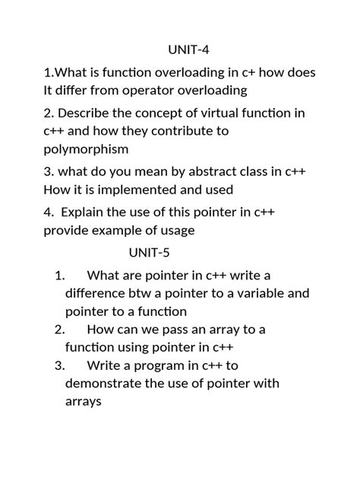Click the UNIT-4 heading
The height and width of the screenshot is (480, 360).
pos(188,50)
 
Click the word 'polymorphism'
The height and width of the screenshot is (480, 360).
pos(86,149)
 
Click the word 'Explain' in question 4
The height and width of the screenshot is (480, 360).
pos(87,212)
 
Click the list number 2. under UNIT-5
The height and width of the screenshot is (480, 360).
pos(60,330)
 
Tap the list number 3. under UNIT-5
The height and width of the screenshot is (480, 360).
pos(60,365)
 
